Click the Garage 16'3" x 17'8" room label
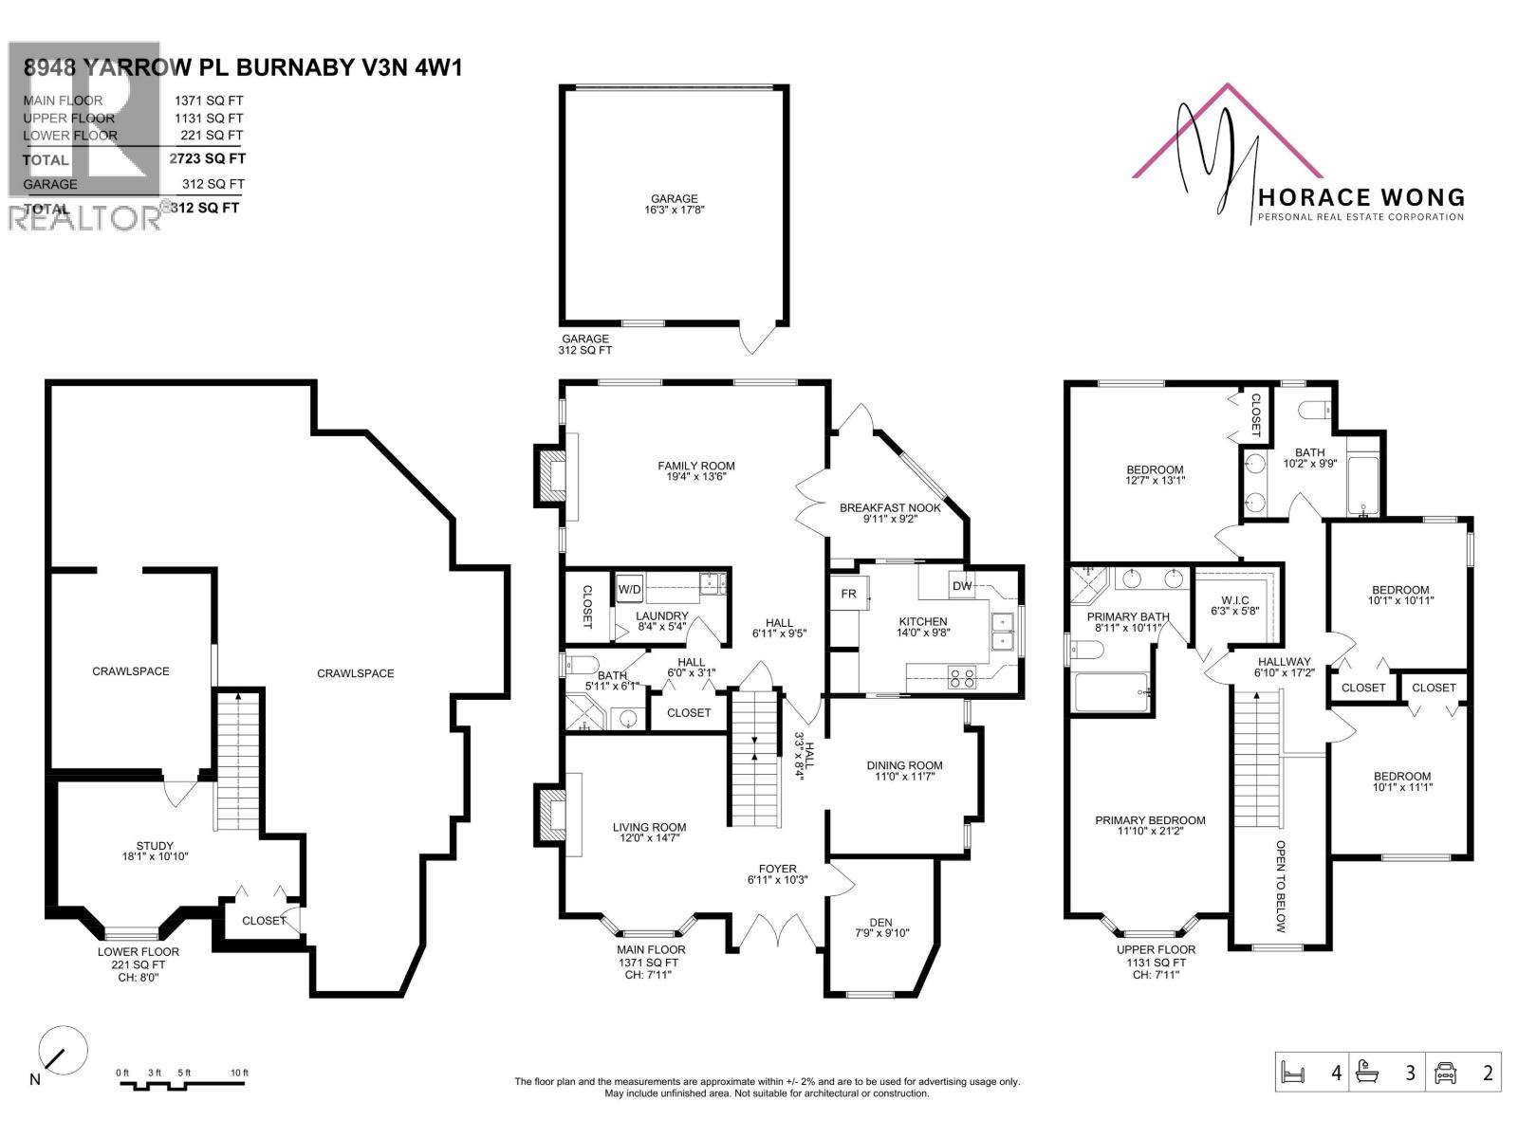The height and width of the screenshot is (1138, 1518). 674,205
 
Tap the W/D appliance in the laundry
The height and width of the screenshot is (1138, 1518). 629,589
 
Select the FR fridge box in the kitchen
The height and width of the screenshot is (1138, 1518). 848,594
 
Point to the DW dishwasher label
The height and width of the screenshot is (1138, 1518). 962,585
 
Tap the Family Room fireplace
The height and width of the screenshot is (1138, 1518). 550,474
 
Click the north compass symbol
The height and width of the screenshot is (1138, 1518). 63,1050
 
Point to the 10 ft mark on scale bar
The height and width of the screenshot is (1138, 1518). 239,1073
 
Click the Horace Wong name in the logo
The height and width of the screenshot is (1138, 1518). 1360,197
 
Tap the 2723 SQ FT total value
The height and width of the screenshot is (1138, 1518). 207,159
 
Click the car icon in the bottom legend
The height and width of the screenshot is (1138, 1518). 1445,1073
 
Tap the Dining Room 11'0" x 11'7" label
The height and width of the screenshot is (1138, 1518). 903,771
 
